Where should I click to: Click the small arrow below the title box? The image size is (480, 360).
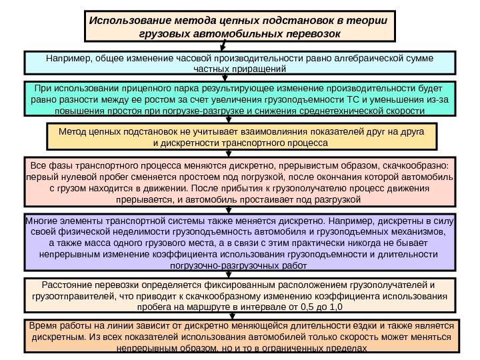point(223,45)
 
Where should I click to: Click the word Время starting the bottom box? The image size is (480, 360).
point(42,326)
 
